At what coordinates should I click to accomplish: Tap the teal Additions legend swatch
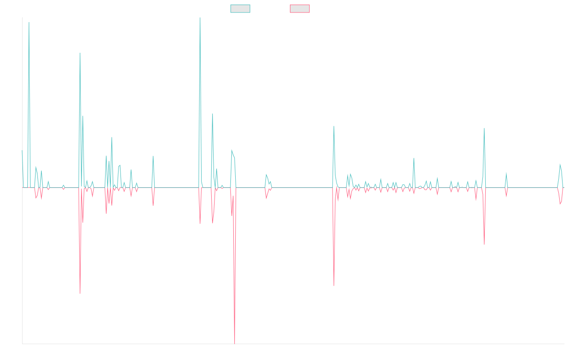point(240,9)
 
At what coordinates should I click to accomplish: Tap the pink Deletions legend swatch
point(300,9)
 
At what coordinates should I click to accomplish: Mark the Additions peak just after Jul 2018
point(29,23)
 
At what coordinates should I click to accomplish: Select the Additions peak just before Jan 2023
point(334,126)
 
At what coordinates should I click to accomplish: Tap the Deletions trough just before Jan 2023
point(334,286)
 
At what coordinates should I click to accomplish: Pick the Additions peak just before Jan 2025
point(485,128)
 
